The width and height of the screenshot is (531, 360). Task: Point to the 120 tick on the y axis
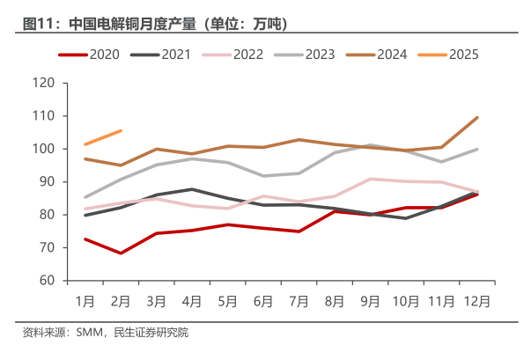(45, 84)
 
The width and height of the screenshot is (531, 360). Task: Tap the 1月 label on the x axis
(85, 300)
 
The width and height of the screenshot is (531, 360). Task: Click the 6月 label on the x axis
(263, 300)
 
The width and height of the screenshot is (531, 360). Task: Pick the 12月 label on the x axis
(476, 300)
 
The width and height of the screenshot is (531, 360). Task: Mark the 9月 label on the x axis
(370, 300)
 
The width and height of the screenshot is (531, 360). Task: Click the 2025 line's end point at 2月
(121, 130)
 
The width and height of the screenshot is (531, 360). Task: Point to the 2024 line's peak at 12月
(476, 117)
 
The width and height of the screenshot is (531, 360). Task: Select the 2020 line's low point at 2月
(121, 253)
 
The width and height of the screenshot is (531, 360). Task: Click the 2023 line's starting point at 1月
(85, 197)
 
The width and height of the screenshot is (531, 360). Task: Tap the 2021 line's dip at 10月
(405, 218)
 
